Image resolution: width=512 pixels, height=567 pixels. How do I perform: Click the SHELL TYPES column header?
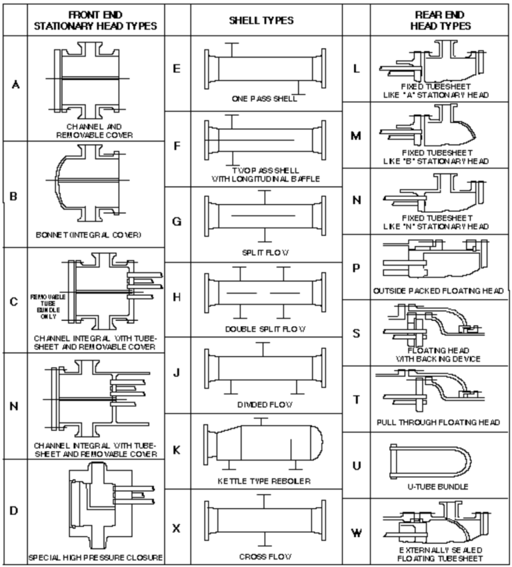(265, 20)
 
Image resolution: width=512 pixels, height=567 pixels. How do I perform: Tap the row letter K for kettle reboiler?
(177, 450)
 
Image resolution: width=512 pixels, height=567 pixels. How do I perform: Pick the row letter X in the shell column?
(177, 528)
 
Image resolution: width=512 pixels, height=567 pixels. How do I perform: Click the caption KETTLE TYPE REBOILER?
(265, 481)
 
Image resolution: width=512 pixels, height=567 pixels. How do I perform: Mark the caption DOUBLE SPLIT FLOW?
(265, 330)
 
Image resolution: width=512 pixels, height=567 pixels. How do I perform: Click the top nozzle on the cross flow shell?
(265, 502)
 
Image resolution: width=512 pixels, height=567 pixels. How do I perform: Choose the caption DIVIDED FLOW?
(265, 404)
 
